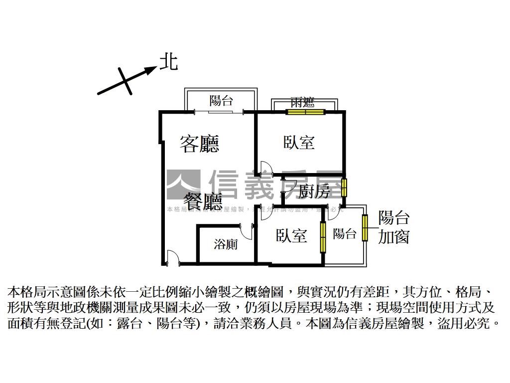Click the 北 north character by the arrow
tap(168, 62)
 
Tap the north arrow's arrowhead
tap(151, 70)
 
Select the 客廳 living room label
tap(199, 144)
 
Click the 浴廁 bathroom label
tap(226, 244)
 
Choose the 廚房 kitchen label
tap(315, 191)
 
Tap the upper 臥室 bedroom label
tap(299, 143)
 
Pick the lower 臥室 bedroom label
tap(291, 235)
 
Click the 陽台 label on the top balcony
tap(221, 101)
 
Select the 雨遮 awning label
tap(303, 103)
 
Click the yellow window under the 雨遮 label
tap(306, 112)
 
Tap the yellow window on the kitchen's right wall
tap(344, 188)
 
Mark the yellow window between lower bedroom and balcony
tap(323, 236)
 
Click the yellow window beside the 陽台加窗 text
tap(365, 227)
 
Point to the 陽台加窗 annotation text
tap(394, 227)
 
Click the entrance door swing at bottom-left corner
tap(172, 257)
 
